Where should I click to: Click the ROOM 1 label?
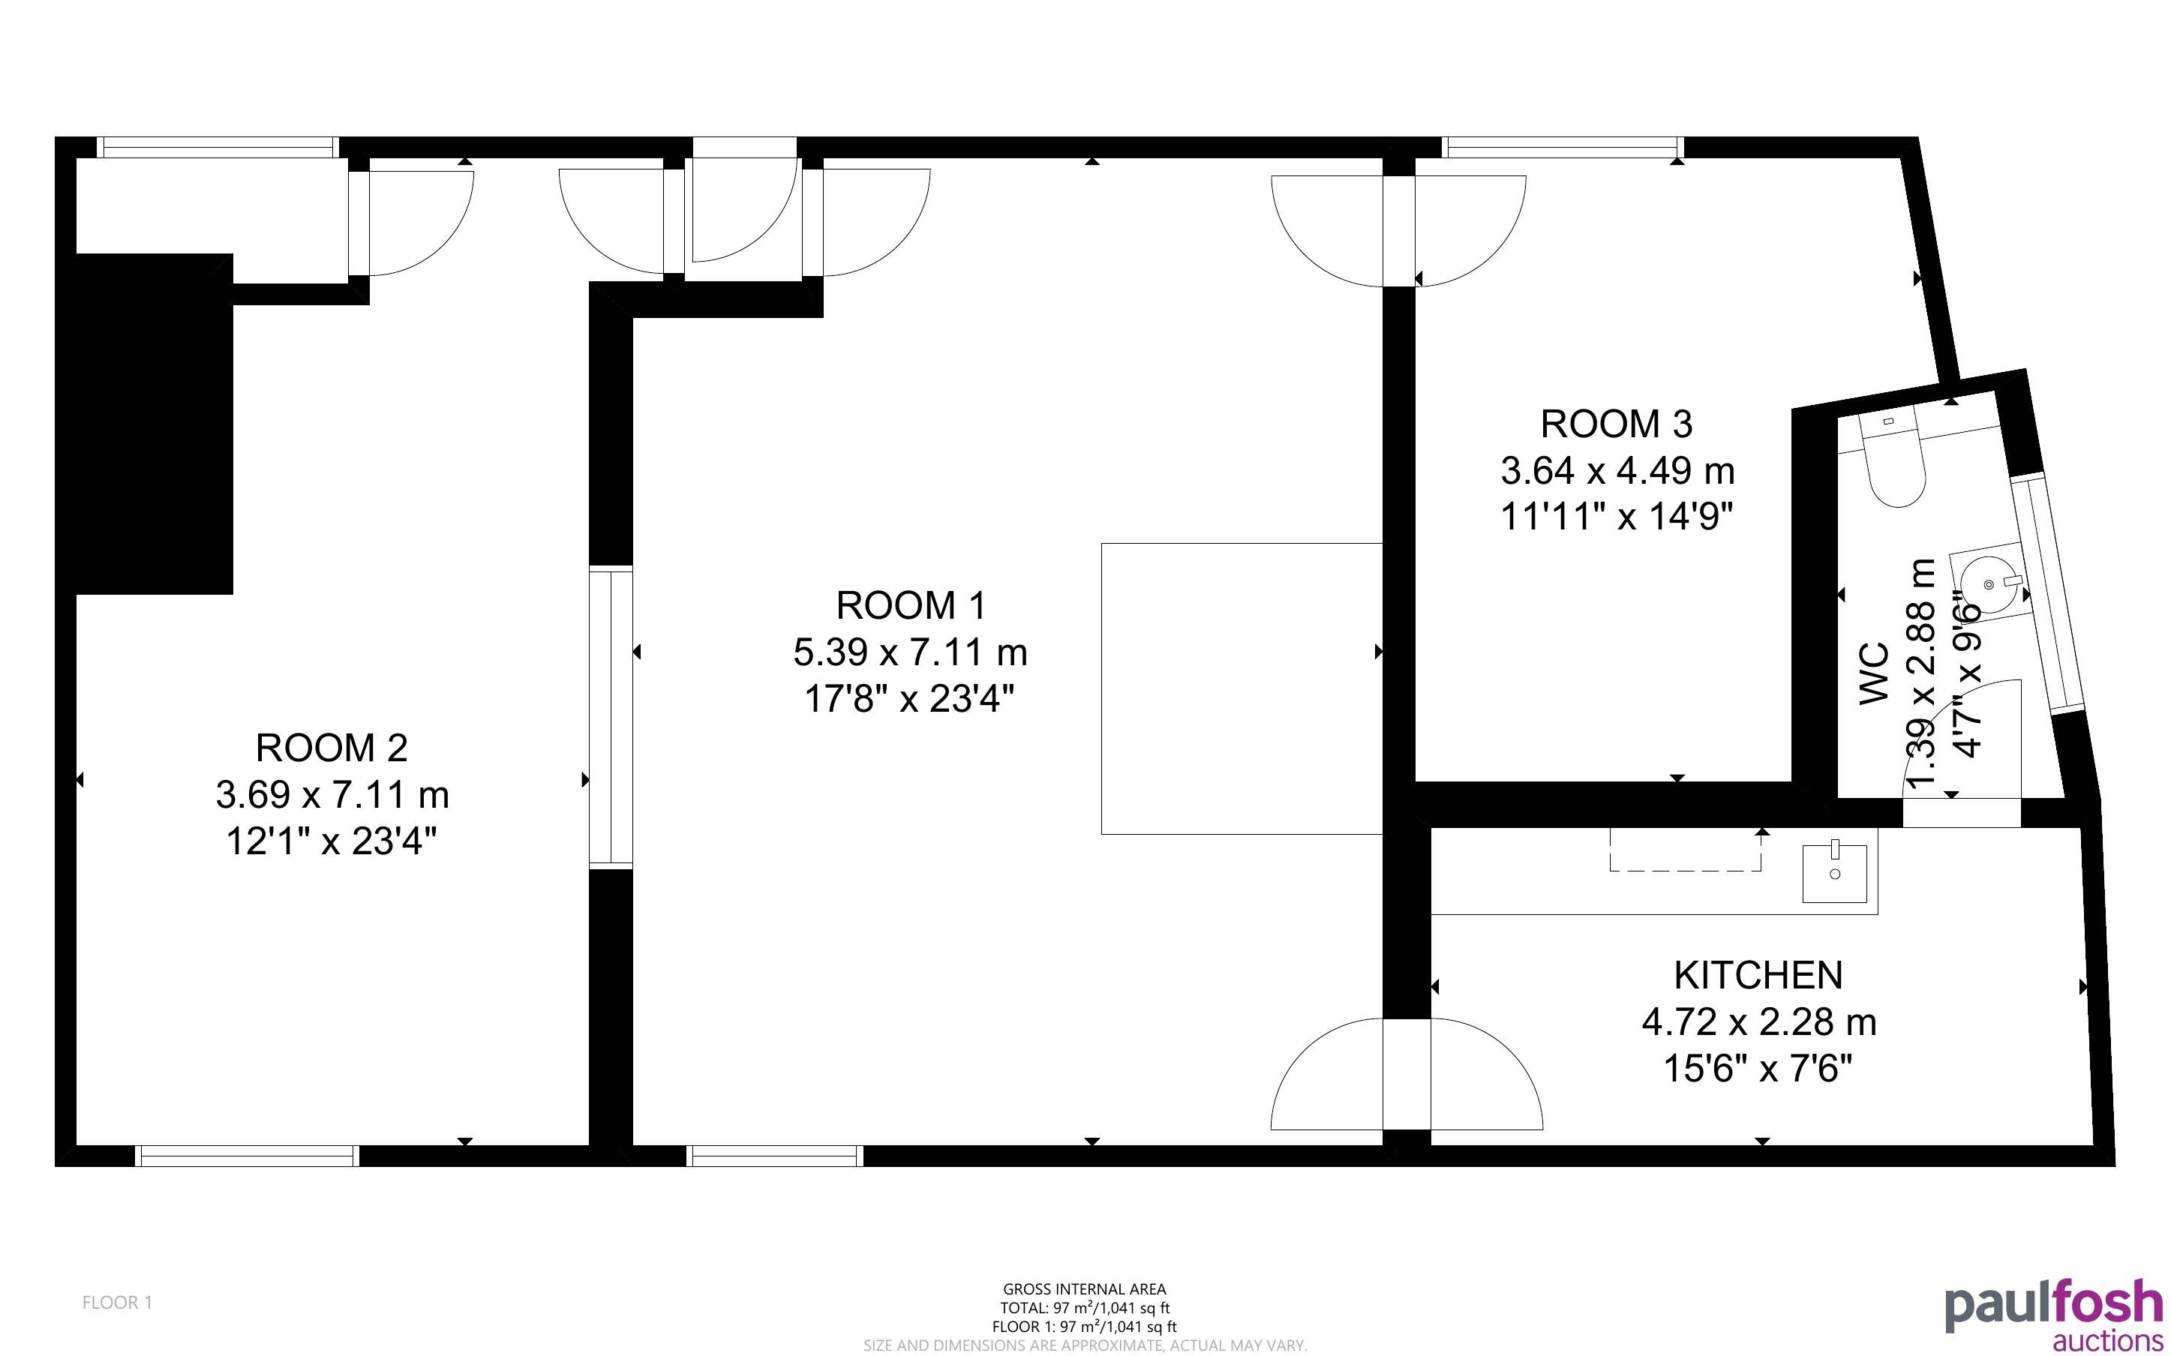pyautogui.click(x=910, y=605)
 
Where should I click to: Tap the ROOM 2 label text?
pyautogui.click(x=332, y=748)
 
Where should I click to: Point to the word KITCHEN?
pyautogui.click(x=1758, y=976)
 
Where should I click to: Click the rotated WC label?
pyautogui.click(x=1874, y=673)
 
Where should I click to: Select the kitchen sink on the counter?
pyautogui.click(x=1835, y=871)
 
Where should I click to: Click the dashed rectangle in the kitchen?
pyautogui.click(x=1685, y=849)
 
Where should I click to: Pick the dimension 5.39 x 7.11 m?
pyautogui.click(x=910, y=652)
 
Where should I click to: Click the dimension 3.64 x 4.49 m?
pyautogui.click(x=1617, y=470)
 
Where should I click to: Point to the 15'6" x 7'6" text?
pyautogui.click(x=1758, y=1069)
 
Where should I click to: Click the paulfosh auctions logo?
pyautogui.click(x=2052, y=1315)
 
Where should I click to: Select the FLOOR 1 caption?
pyautogui.click(x=118, y=1302)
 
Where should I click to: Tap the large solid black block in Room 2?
pyautogui.click(x=144, y=423)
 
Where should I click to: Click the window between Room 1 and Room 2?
pyautogui.click(x=611, y=718)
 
